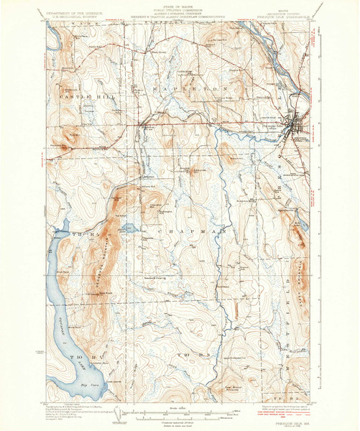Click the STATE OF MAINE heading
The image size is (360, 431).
tap(180, 8)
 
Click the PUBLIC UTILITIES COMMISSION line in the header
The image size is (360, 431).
tap(180, 12)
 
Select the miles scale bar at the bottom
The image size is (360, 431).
tap(179, 412)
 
